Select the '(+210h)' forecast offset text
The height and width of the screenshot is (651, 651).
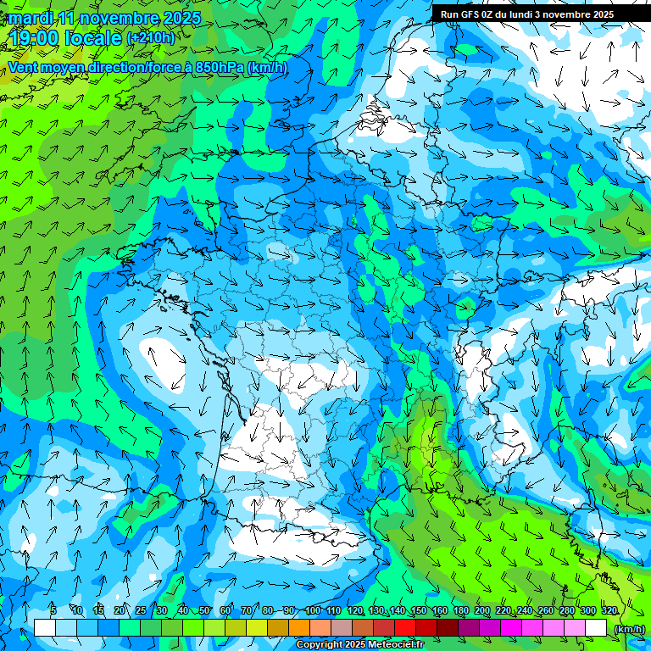(x=150, y=38)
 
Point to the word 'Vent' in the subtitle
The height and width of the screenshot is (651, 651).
(x=24, y=68)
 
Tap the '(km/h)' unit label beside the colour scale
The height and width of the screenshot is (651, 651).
(x=628, y=628)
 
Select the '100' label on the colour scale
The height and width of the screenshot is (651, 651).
(x=313, y=611)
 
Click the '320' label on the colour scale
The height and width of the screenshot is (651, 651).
(x=609, y=611)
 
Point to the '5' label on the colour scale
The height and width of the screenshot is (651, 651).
(x=53, y=611)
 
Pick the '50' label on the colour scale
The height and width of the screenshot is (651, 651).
(x=204, y=611)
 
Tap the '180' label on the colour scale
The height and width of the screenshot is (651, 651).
(x=460, y=611)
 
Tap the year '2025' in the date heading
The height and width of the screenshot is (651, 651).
(x=181, y=18)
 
